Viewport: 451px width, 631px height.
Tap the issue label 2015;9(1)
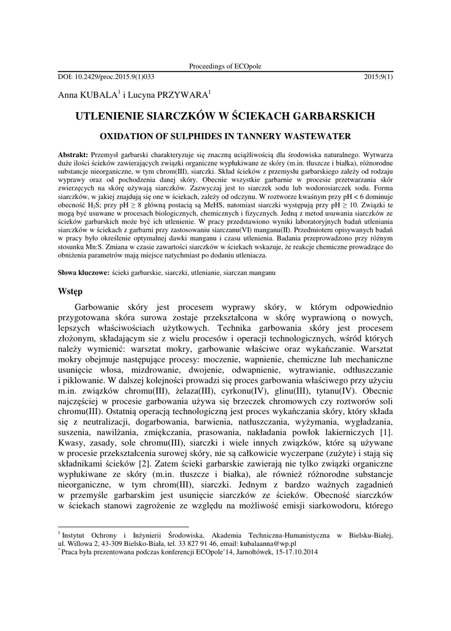378,76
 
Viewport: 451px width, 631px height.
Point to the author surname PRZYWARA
185,95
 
